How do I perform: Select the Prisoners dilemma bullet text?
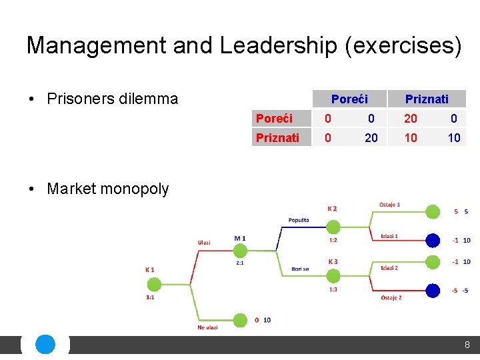[112, 99]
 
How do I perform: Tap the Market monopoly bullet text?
[107, 189]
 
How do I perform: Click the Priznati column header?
[427, 99]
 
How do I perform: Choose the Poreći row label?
[274, 119]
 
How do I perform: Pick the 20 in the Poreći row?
[411, 119]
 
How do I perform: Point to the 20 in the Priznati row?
[371, 137]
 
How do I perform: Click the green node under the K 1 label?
[154, 285]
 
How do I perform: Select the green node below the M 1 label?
[240, 251]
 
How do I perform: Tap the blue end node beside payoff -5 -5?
[433, 290]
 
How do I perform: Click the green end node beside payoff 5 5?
[433, 212]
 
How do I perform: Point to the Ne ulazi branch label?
[207, 327]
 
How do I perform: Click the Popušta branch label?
[299, 220]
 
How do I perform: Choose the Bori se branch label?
[300, 269]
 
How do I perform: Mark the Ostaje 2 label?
[391, 298]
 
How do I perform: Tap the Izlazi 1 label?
[389, 236]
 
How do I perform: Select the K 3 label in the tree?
[332, 261]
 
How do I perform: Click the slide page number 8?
[467, 345]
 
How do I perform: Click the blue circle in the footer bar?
[45, 345]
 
